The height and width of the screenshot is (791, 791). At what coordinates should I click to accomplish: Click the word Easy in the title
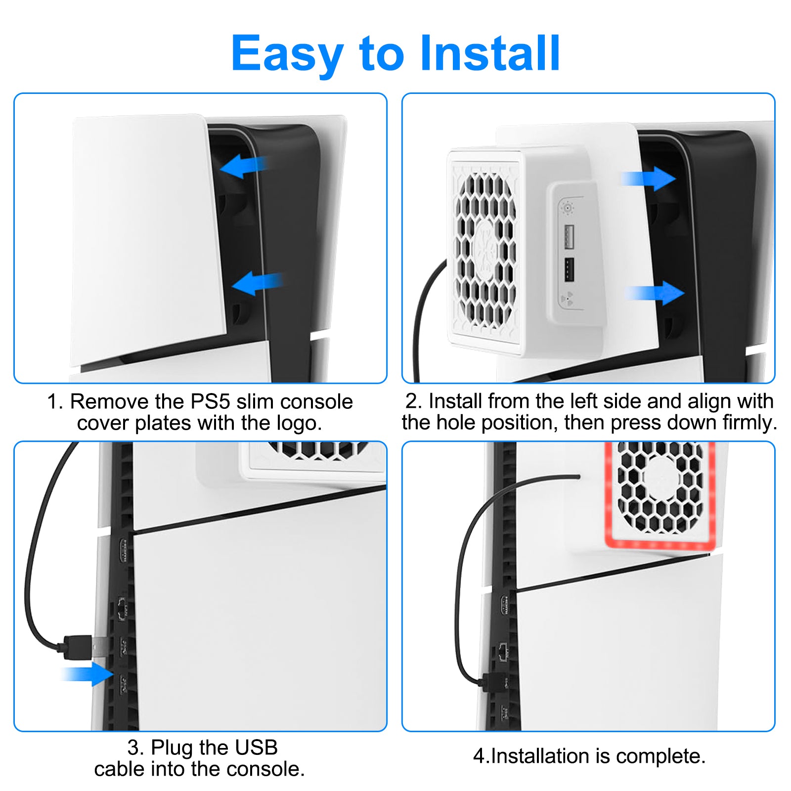pyautogui.click(x=287, y=54)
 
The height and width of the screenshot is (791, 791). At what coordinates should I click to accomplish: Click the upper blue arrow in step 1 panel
pyautogui.click(x=244, y=166)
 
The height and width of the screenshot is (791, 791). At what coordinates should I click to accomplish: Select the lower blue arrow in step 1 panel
pyautogui.click(x=257, y=283)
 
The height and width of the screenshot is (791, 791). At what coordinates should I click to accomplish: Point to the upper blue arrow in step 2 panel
pyautogui.click(x=648, y=178)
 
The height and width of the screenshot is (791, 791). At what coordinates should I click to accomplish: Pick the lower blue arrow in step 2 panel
pyautogui.click(x=656, y=293)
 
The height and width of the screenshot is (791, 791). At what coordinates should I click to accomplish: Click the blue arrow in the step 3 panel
pyautogui.click(x=88, y=674)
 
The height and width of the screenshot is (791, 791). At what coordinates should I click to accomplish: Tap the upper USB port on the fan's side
pyautogui.click(x=569, y=236)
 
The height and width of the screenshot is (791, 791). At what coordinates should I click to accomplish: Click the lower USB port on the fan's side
pyautogui.click(x=569, y=269)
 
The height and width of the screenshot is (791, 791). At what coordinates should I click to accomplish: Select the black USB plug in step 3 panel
pyautogui.click(x=74, y=647)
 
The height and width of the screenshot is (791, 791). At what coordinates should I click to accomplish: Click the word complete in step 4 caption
pyautogui.click(x=661, y=756)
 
